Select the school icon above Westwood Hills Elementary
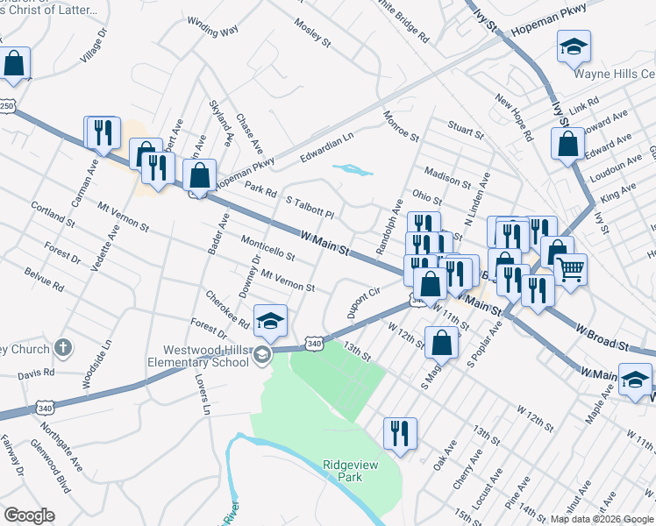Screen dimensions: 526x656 (271, 322)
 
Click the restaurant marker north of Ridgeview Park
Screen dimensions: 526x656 (400, 433)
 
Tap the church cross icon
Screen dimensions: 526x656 (62, 349)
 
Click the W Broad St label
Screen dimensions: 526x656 (603, 338)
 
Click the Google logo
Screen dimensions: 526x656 (29, 515)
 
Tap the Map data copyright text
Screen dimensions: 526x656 (602, 519)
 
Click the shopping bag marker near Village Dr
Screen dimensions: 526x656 (15, 63)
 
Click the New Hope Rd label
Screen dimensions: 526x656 (514, 119)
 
